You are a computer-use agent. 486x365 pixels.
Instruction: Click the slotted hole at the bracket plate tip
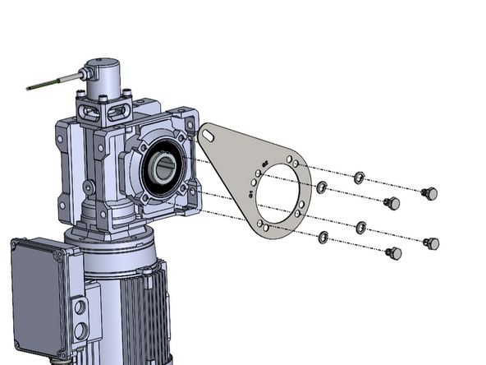tap(208, 134)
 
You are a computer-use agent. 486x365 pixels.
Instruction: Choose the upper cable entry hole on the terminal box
tap(80, 309)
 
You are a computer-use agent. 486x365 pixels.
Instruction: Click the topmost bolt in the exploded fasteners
tap(428, 193)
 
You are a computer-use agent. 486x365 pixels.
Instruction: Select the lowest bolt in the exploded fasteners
tap(394, 254)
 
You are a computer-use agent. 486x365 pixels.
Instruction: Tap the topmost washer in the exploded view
tap(359, 177)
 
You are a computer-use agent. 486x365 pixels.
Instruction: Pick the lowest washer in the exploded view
tap(323, 238)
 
